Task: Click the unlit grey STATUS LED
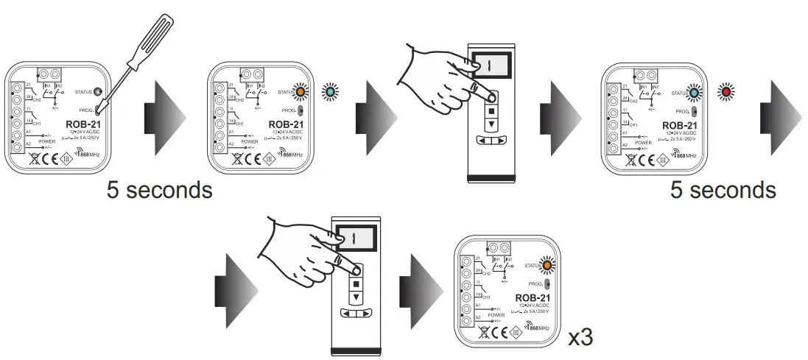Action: pos(98,92)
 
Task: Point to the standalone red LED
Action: pos(726,92)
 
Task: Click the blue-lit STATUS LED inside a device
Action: pos(694,92)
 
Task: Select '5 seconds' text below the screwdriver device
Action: pos(159,190)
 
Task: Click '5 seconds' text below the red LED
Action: pos(723,190)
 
